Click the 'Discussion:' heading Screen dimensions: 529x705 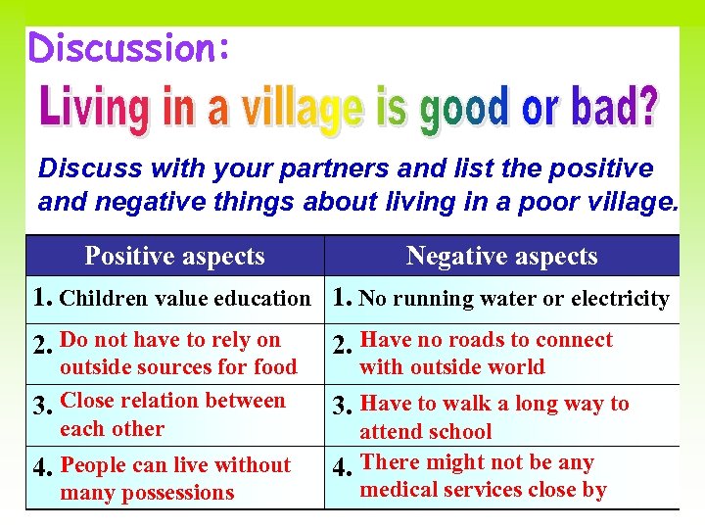point(130,47)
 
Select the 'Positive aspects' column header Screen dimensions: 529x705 point(174,257)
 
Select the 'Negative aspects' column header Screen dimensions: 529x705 point(501,257)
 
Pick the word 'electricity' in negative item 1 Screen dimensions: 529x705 point(622,299)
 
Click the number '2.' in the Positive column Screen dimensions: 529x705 point(43,345)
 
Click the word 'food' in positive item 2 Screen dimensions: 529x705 point(275,367)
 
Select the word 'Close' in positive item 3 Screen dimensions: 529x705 point(88,401)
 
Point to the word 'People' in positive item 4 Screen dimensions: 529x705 point(94,464)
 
